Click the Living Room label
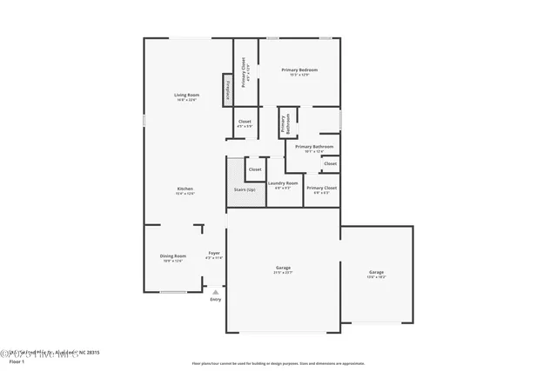186,95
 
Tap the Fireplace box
229,88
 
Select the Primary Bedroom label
299,70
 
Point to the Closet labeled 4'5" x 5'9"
245,122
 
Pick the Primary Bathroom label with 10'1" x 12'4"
313,147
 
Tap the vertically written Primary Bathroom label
285,123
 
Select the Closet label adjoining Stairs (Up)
255,169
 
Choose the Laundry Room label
283,182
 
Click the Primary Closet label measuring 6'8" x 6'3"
321,188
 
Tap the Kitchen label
185,189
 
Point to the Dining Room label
172,255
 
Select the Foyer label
214,253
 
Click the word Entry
215,300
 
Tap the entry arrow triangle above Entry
215,292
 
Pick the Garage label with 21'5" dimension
283,268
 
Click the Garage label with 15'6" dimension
376,273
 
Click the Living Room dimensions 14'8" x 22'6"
186,100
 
